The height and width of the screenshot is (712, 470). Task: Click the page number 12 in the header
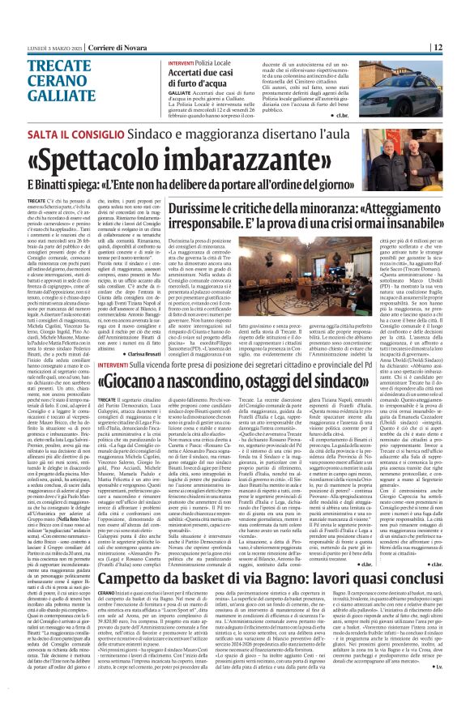click(x=459, y=47)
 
